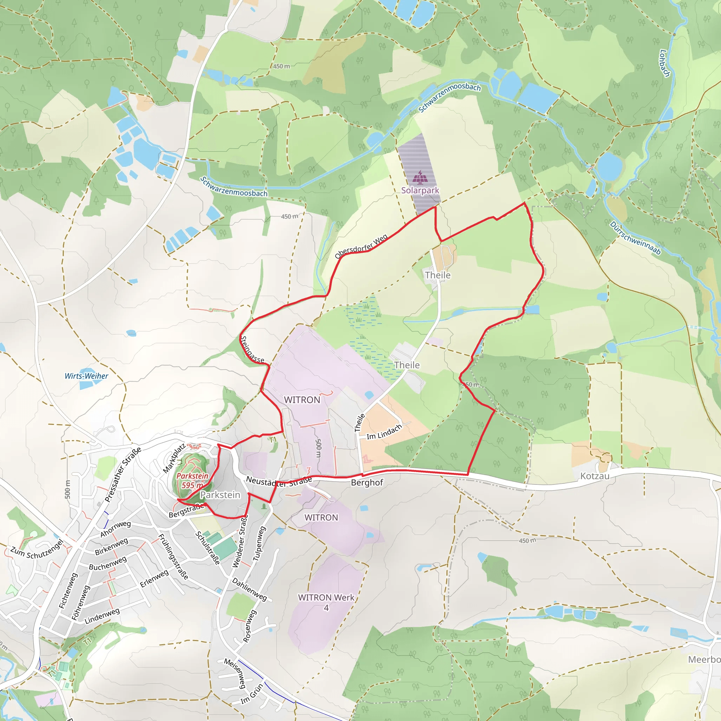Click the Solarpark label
(x=420, y=190)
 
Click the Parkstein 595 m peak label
(x=192, y=480)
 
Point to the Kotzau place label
(x=595, y=476)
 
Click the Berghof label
(x=367, y=483)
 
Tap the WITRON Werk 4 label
(x=326, y=602)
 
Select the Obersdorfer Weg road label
(x=361, y=246)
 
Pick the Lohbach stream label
(x=665, y=63)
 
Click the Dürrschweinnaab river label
(x=635, y=238)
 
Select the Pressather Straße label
(x=123, y=474)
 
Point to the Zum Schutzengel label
(x=37, y=550)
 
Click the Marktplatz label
(x=174, y=458)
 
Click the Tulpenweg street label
(x=259, y=543)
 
